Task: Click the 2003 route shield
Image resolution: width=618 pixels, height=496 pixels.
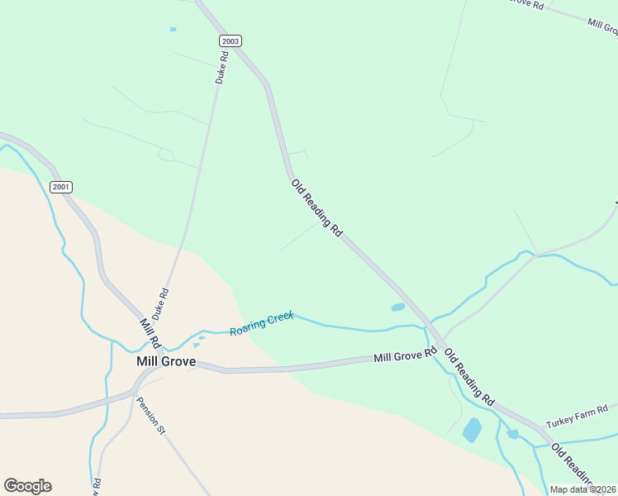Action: (x=231, y=41)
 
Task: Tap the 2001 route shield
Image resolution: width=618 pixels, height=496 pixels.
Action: (x=61, y=187)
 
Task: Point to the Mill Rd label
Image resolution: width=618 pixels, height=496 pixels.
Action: (x=150, y=334)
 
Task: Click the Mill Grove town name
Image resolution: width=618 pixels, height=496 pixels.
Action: (x=165, y=361)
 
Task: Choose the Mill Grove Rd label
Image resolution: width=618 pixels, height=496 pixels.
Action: (x=405, y=355)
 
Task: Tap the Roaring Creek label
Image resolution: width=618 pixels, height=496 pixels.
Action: (x=261, y=323)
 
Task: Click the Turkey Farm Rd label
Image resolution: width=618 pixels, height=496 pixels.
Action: (x=577, y=417)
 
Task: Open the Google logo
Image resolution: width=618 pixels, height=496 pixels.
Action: (x=27, y=486)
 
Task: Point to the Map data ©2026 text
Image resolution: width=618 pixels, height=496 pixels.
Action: (x=582, y=489)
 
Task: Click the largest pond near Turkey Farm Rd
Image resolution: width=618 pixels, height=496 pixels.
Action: (x=472, y=430)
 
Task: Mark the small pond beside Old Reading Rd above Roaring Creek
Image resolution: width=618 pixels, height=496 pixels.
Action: (x=398, y=308)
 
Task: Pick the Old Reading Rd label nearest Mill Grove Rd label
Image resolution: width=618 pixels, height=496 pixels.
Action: (x=468, y=376)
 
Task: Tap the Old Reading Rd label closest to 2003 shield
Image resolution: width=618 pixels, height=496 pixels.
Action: (x=316, y=207)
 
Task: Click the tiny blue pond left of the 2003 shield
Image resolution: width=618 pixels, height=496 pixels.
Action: (x=173, y=29)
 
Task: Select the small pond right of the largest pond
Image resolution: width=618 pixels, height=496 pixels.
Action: (x=513, y=433)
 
